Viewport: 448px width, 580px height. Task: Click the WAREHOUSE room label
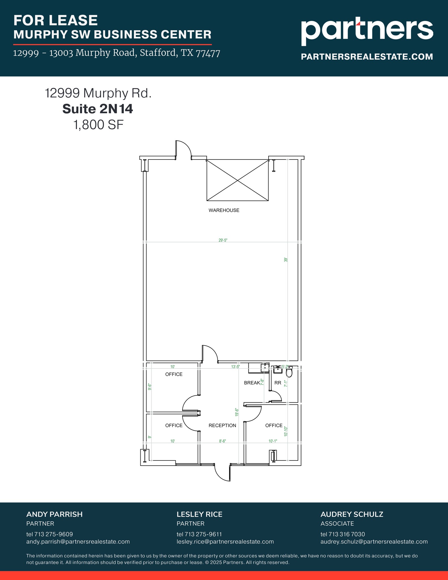click(x=224, y=210)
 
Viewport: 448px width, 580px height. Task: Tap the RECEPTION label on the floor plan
click(x=222, y=425)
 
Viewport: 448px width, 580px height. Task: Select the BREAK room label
click(x=252, y=383)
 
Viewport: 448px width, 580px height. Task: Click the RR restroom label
click(x=278, y=383)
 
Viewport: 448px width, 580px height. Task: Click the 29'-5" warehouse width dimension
click(x=223, y=240)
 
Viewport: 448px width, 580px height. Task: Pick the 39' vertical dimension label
click(x=286, y=259)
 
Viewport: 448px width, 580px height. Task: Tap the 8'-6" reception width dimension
click(x=222, y=441)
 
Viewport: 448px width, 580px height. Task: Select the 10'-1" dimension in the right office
click(x=273, y=441)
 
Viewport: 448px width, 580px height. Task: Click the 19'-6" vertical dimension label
click(x=237, y=412)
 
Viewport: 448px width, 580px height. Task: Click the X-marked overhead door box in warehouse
click(x=237, y=180)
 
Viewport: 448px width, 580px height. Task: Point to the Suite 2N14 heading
click(x=98, y=109)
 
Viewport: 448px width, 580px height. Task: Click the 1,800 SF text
click(x=98, y=125)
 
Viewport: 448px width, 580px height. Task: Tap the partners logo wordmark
click(x=367, y=31)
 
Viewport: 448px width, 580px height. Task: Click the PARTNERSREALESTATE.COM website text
click(x=367, y=57)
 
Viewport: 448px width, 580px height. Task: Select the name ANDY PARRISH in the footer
click(x=54, y=514)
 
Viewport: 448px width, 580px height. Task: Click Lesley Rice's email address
click(x=225, y=542)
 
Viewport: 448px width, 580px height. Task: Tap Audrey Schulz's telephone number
click(x=343, y=534)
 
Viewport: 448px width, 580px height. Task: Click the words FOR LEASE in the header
click(x=55, y=20)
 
